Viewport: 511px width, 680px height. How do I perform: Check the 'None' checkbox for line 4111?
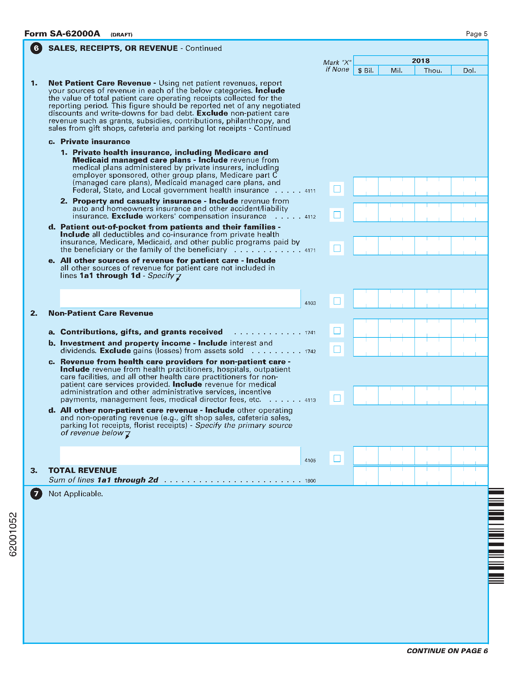click(337, 189)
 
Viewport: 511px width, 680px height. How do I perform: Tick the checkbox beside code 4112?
click(337, 215)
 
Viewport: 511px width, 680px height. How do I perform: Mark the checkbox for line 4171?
click(337, 248)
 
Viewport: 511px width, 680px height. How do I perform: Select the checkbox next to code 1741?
click(337, 330)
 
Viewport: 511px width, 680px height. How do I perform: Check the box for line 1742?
click(337, 349)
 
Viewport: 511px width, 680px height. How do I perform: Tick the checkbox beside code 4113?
click(337, 398)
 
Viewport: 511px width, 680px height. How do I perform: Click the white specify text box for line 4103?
click(180, 298)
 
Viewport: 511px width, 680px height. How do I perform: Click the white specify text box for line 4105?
click(180, 456)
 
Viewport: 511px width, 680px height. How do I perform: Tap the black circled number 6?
click(36, 48)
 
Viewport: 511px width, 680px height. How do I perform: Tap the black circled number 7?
click(36, 494)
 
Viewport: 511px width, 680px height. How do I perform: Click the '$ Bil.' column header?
click(366, 71)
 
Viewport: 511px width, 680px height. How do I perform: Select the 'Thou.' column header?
click(433, 71)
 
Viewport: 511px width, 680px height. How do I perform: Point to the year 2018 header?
click(420, 61)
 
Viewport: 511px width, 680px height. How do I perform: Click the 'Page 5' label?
click(477, 34)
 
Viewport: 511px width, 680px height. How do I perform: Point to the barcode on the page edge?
click(496, 536)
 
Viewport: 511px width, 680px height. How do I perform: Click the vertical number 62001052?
click(13, 534)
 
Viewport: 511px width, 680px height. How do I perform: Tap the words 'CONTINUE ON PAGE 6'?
click(447, 651)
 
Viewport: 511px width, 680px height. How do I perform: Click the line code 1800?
click(310, 481)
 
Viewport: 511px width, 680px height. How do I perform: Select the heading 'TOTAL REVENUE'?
click(82, 470)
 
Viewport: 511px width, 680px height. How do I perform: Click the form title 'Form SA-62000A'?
click(62, 34)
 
